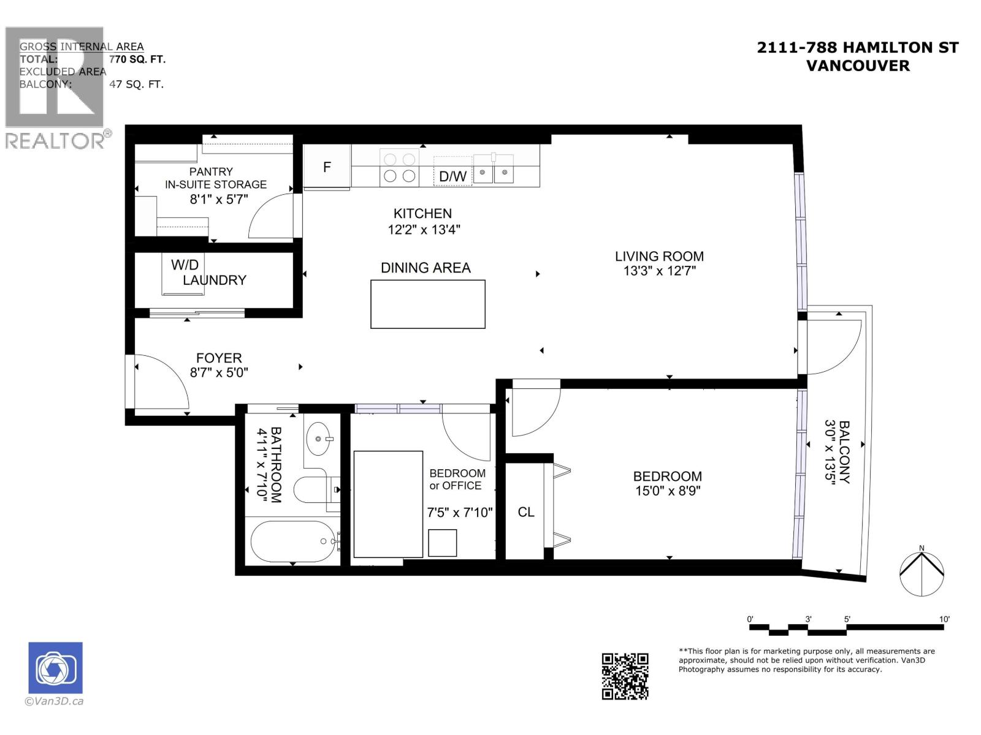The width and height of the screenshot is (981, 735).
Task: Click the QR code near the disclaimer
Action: [x=625, y=676]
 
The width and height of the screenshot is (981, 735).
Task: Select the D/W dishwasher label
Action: [x=452, y=176]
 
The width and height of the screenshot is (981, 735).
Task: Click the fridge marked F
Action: [x=327, y=167]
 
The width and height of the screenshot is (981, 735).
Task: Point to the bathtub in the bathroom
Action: [x=293, y=541]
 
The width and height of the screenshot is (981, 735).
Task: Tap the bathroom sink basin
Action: [x=318, y=439]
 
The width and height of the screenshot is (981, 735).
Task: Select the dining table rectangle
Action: [x=427, y=304]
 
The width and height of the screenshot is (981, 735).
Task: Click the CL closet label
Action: [x=526, y=512]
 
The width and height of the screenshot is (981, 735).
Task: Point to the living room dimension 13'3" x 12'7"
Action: [x=659, y=271]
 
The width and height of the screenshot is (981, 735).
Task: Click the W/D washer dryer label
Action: [x=185, y=265]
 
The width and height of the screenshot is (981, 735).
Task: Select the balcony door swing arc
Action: [x=834, y=343]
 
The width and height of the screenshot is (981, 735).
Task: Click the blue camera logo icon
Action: [x=55, y=668]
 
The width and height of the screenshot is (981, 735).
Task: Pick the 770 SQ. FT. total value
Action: [x=137, y=59]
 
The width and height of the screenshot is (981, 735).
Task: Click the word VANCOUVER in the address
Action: [x=857, y=66]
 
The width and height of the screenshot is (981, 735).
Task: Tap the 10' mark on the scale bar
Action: [x=944, y=619]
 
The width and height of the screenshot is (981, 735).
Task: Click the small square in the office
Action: [x=442, y=543]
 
